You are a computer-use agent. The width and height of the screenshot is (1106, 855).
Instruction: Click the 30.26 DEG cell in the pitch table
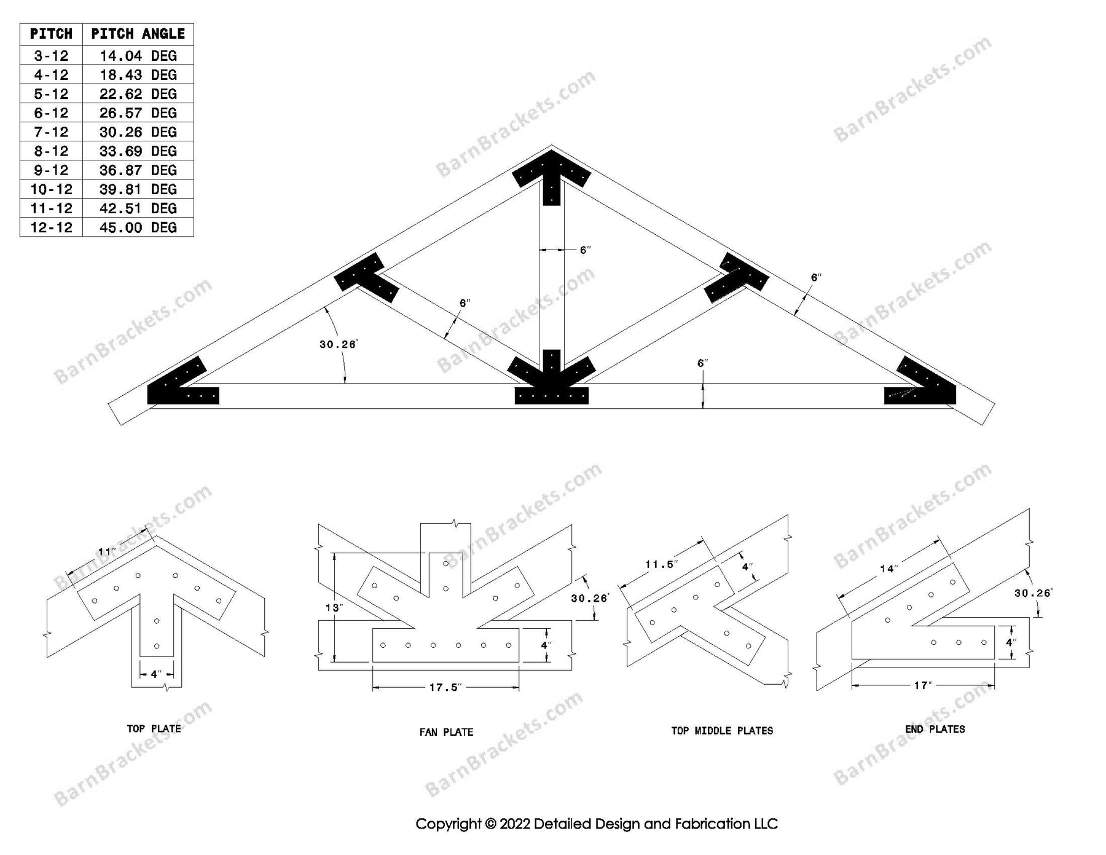tap(138, 132)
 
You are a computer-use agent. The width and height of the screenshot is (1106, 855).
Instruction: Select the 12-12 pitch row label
tap(51, 227)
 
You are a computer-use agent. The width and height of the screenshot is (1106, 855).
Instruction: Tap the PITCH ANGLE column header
tap(138, 34)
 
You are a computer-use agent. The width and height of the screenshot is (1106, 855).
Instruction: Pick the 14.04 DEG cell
tap(138, 56)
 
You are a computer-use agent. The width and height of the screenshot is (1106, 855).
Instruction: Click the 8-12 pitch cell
tap(51, 151)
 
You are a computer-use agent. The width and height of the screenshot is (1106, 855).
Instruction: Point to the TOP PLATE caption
tap(154, 728)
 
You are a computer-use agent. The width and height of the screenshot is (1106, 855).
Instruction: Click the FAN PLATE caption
tap(446, 732)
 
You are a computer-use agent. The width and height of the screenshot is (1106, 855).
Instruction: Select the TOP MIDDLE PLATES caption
tap(722, 730)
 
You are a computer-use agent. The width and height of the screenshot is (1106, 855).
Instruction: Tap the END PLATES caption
tap(935, 729)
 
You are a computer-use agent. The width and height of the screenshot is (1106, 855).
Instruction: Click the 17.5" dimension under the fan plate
tap(445, 687)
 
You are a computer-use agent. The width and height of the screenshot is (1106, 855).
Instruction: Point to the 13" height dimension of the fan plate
tap(333, 608)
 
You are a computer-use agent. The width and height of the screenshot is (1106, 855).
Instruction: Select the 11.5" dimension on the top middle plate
tap(661, 564)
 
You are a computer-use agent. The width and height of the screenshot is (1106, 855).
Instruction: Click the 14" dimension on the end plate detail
tap(888, 569)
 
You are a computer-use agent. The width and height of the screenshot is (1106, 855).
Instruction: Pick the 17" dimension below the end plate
tap(923, 685)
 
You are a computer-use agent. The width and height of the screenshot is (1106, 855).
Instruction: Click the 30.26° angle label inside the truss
tap(337, 344)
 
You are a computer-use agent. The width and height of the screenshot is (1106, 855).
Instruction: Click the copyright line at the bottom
tap(596, 824)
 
